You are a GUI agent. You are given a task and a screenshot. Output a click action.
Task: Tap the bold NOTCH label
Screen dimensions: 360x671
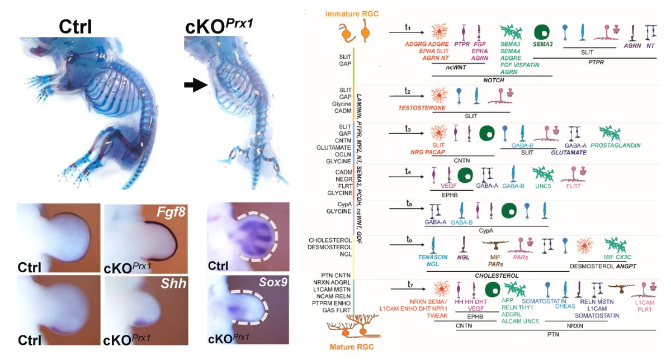tap(493, 80)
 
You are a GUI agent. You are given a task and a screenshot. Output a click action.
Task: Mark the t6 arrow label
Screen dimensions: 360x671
tap(409, 240)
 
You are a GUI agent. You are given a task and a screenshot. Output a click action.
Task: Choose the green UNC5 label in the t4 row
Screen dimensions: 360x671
tap(541, 186)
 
